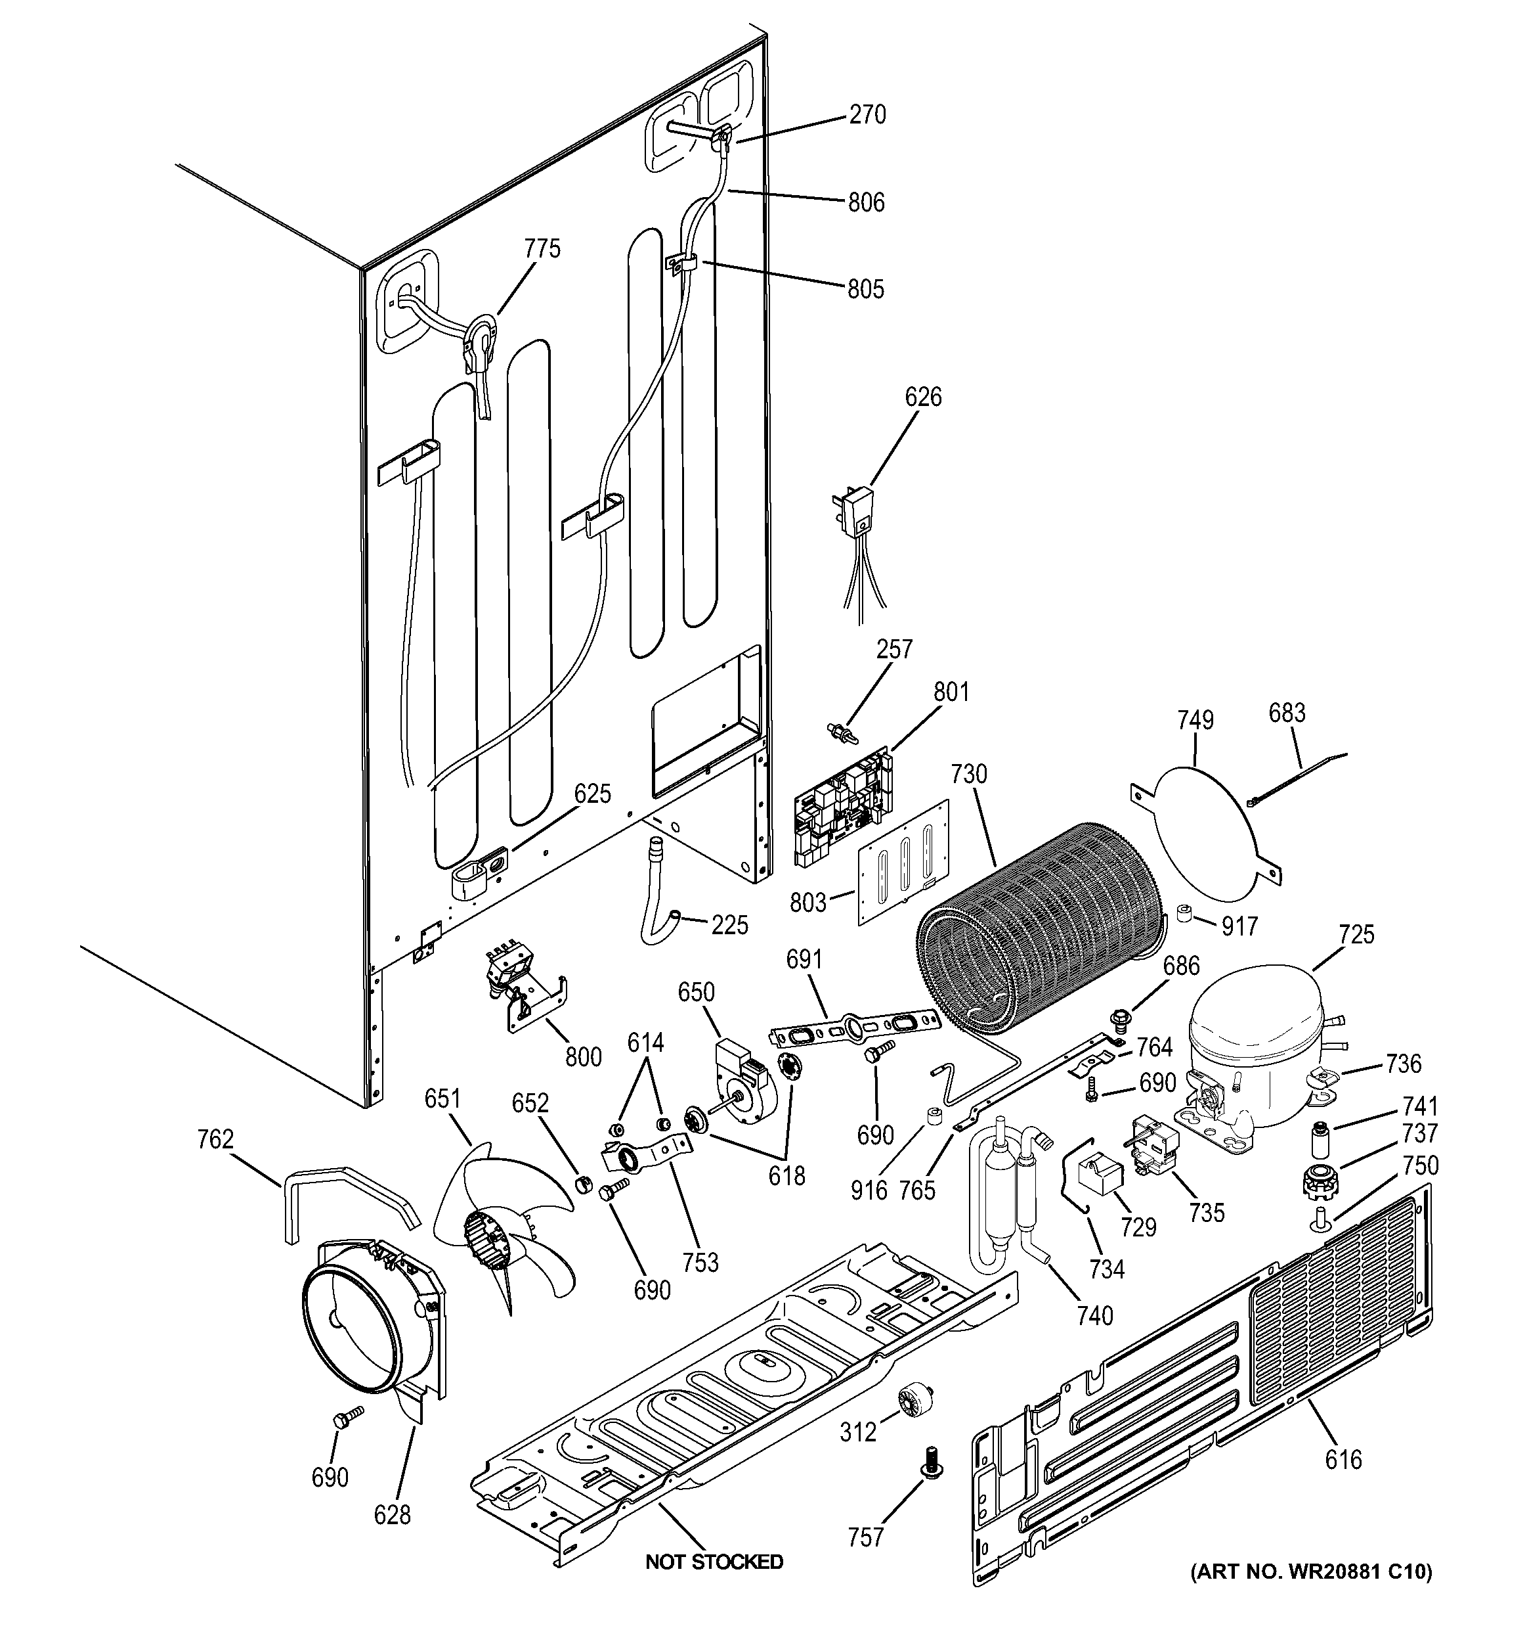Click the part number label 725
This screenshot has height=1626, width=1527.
(x=1356, y=934)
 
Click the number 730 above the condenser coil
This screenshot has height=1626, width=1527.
(x=969, y=774)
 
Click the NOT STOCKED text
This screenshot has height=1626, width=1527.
(x=714, y=1562)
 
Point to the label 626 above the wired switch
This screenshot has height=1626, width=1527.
(x=923, y=397)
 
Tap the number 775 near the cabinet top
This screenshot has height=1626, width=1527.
(x=543, y=248)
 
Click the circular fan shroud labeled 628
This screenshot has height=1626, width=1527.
(x=360, y=1325)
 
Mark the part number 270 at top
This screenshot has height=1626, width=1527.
(x=867, y=114)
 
